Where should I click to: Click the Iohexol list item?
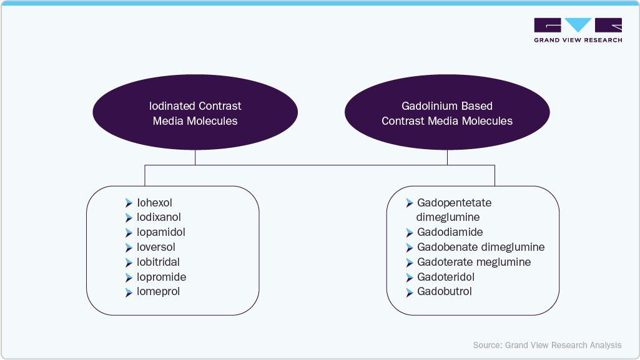pos(154,203)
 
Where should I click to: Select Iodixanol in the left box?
pos(159,218)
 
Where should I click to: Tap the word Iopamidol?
pos(160,232)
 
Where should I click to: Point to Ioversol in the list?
pos(155,247)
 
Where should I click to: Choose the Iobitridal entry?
pos(158,262)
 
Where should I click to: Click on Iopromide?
pos(161,277)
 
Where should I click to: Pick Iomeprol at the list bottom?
pos(158,292)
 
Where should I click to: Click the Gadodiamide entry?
pos(450,232)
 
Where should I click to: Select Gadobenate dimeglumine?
pos(481,247)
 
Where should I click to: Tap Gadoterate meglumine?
pos(474,262)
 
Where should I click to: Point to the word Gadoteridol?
pos(446,277)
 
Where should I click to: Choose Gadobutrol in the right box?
pos(444,292)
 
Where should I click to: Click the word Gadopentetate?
pos(454,203)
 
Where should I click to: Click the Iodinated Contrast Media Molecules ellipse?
pos(195,113)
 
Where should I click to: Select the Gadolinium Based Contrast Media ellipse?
pos(447,113)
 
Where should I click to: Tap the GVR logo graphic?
pos(578,25)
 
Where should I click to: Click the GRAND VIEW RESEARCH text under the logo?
pos(578,40)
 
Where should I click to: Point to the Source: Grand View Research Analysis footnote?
pos(547,345)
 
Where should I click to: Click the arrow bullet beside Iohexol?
pos(129,203)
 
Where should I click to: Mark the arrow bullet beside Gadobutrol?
pos(410,292)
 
